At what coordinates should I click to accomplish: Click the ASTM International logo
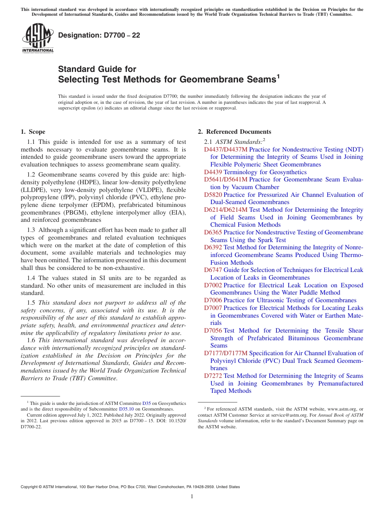38,38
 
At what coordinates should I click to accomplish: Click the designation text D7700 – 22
99,35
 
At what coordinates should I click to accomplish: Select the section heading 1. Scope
33,132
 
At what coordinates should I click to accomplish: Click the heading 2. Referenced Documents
234,132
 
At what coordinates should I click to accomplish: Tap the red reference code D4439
213,172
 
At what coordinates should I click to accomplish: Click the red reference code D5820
213,195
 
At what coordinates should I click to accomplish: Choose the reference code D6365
213,232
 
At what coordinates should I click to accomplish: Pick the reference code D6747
213,270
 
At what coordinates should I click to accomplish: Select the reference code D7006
213,300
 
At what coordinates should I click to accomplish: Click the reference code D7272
213,376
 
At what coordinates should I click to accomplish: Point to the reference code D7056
213,331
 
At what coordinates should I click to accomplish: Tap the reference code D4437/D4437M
226,150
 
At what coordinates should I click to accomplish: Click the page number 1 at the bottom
192,496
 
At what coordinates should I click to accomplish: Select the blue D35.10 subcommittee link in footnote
126,409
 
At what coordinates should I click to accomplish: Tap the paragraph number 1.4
32,278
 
